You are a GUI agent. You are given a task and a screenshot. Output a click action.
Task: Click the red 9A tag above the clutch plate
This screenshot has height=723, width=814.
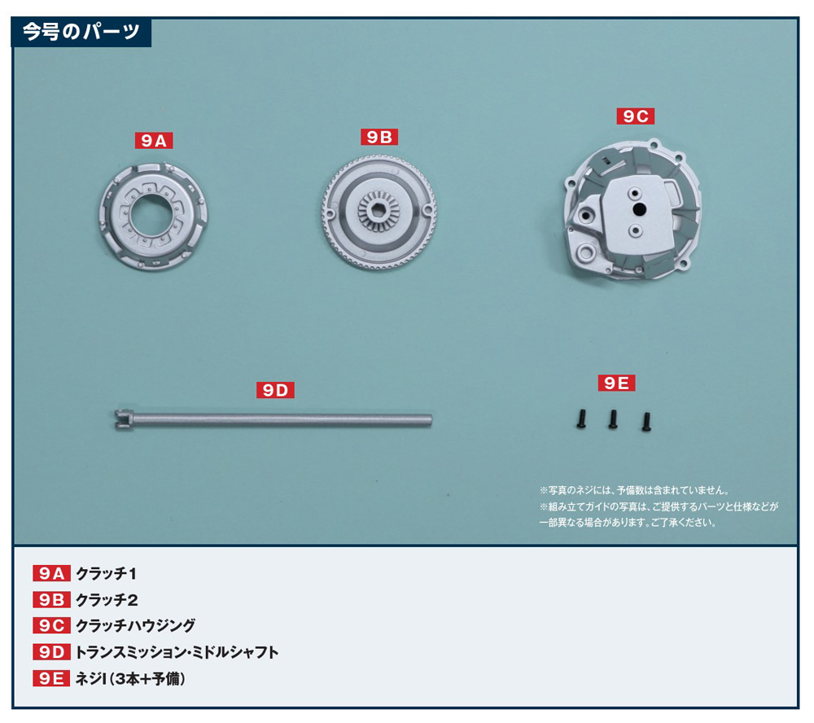coord(154,140)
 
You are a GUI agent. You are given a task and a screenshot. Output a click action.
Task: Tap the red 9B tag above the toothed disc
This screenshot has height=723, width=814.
coord(379,137)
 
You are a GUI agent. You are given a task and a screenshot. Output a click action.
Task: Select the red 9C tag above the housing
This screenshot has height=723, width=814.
coord(636,116)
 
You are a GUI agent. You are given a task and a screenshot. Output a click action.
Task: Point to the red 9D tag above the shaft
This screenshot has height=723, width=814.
coord(275,390)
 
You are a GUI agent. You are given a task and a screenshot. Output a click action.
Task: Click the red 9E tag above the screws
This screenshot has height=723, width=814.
coord(616,383)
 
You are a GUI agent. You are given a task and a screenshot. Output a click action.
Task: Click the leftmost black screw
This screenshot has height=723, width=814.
coord(581,419)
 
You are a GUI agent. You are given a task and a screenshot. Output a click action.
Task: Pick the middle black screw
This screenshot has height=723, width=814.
coord(613,419)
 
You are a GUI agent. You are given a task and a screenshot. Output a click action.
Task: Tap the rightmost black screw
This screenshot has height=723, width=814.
coord(646,422)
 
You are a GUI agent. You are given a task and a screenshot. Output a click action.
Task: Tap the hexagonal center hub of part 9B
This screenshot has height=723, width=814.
coord(379,210)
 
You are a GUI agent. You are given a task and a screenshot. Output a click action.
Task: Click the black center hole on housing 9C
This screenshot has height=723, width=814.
coord(639,209)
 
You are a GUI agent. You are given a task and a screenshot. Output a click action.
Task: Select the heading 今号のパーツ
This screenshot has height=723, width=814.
coord(81,32)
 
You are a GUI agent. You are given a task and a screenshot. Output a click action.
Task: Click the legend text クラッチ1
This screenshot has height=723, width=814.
coord(107,574)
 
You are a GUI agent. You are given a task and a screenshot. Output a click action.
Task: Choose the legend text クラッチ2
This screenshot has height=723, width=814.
coord(107,600)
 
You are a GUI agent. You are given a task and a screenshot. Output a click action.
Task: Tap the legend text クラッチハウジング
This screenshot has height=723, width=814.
coord(135,625)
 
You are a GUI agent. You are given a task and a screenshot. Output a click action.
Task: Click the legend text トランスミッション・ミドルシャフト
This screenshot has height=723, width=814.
coord(177,652)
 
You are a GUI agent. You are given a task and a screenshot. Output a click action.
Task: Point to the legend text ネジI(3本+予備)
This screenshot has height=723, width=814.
coord(130,678)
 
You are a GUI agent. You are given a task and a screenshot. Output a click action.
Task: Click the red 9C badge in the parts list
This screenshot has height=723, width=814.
coord(51,625)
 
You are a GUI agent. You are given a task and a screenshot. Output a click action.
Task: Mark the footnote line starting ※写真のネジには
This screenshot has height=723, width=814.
coord(634,490)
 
